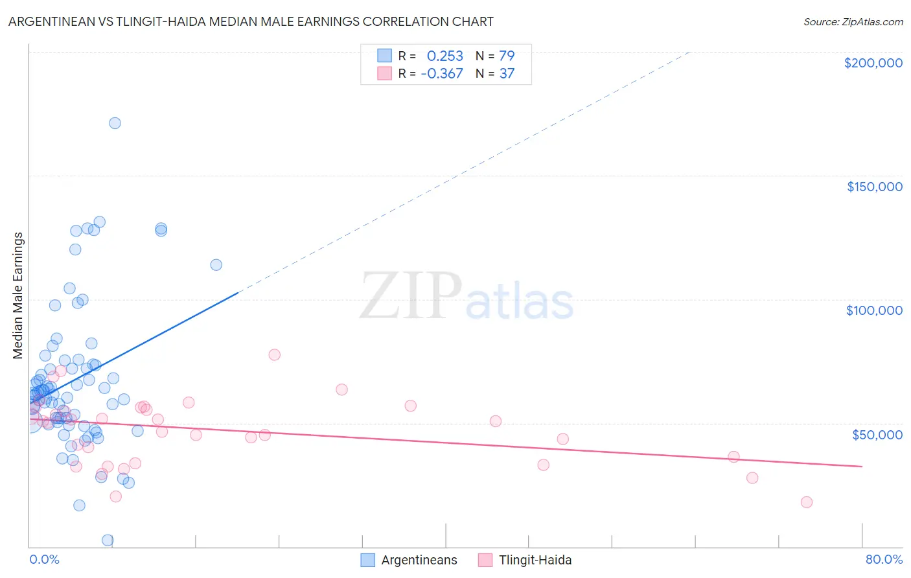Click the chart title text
[x=251, y=22]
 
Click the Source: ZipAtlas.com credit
[x=853, y=22]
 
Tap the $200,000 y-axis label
[x=873, y=63]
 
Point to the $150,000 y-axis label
[x=874, y=187]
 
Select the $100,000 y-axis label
[x=874, y=310]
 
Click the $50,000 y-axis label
[x=877, y=435]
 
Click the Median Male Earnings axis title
[x=18, y=295]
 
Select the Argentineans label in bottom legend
[x=419, y=561]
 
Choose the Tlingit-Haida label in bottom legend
[x=535, y=561]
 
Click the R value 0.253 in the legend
[x=444, y=56]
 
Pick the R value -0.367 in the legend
[x=442, y=74]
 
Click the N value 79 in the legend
[x=507, y=56]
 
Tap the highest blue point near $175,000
[x=115, y=123]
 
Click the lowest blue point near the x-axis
[x=108, y=540]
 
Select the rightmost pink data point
[x=806, y=502]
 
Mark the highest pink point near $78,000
[x=274, y=354]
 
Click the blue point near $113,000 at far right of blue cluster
[x=216, y=265]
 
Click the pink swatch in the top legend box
[x=384, y=74]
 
